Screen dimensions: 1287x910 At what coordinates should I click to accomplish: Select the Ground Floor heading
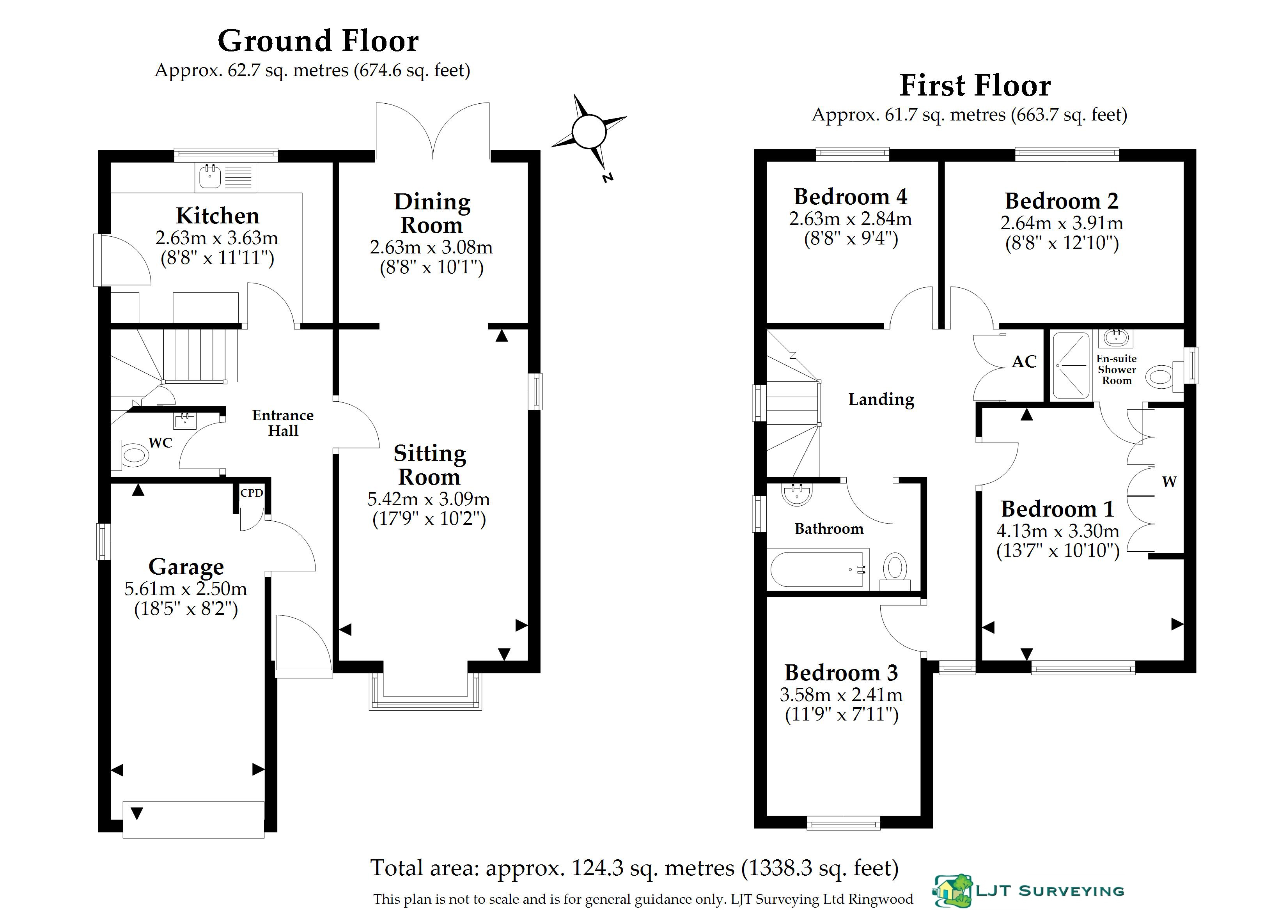click(318, 41)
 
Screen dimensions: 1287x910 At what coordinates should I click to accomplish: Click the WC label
click(160, 443)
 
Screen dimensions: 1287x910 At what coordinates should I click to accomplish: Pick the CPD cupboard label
click(252, 493)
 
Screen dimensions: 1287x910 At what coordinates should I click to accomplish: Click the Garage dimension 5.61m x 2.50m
click(186, 589)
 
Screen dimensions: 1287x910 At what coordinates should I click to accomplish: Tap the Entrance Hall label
click(283, 423)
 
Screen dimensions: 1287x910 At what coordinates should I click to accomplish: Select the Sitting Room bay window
click(425, 691)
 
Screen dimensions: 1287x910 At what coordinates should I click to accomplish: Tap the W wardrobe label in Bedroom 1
click(1169, 482)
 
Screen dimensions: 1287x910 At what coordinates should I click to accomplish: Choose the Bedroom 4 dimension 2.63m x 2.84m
click(850, 219)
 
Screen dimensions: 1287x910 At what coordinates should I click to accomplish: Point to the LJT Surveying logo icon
click(953, 891)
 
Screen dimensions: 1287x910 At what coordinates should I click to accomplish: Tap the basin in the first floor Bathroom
click(796, 493)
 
